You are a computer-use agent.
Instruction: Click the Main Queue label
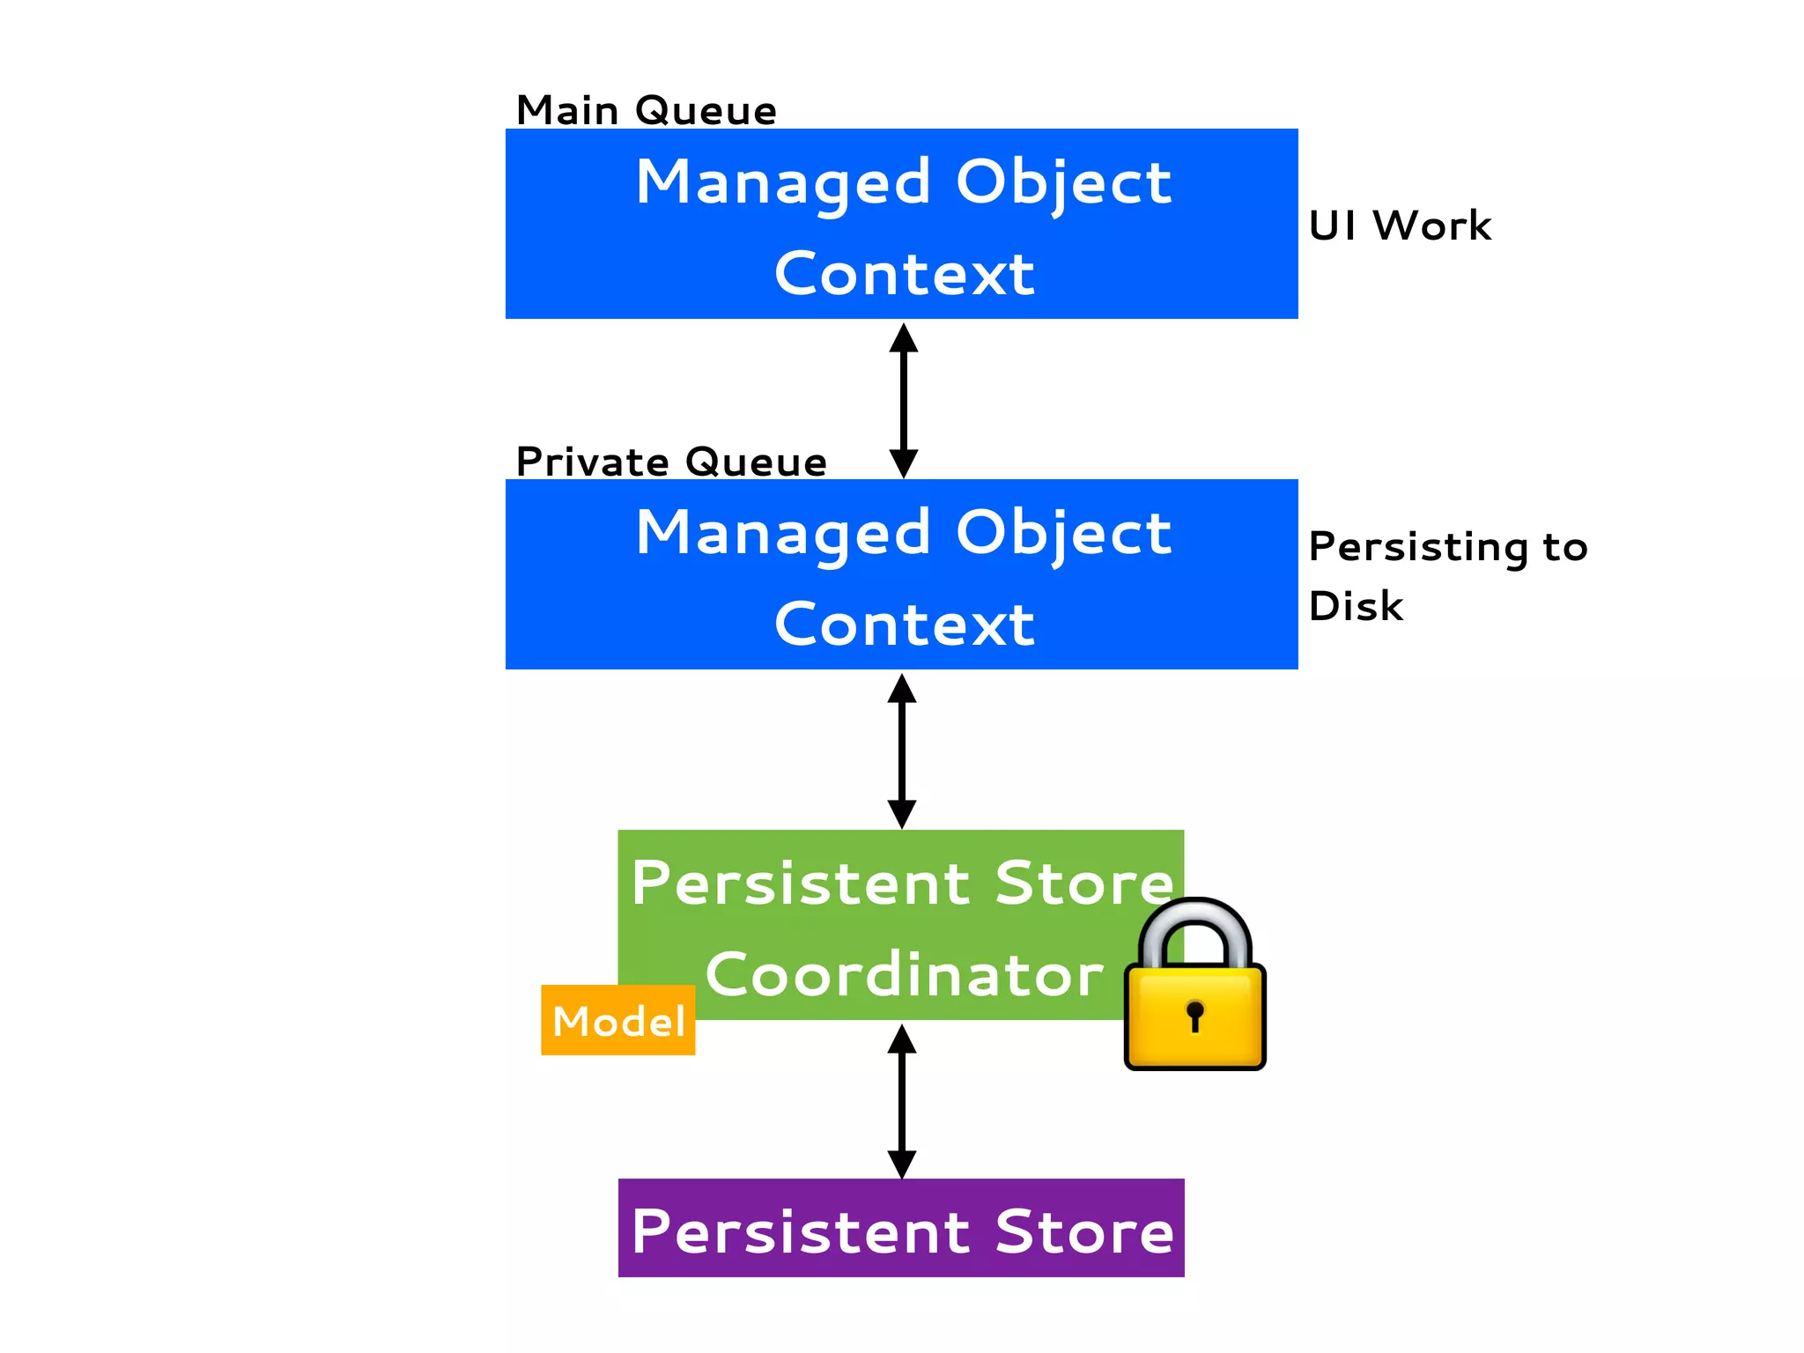point(646,111)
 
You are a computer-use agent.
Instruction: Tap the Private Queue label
point(671,462)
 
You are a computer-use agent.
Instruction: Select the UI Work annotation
point(1400,225)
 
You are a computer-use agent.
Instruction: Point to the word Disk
point(1356,606)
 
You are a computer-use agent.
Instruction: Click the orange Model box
point(617,1021)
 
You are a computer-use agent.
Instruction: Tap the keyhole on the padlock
point(1194,1014)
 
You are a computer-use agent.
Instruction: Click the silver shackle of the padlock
point(1194,920)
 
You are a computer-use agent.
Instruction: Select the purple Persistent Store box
point(901,1228)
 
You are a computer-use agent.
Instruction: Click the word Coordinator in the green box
point(904,975)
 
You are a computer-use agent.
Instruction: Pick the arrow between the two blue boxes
point(903,400)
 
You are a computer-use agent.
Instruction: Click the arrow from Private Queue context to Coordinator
point(901,750)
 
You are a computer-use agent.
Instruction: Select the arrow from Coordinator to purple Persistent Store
point(901,1100)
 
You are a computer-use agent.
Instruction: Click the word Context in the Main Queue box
point(904,274)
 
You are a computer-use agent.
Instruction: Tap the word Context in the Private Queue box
point(904,625)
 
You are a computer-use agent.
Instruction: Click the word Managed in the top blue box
point(783,183)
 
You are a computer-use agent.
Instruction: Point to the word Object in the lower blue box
point(1063,534)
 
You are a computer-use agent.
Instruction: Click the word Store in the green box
point(1083,883)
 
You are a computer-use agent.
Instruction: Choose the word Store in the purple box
point(1083,1231)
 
